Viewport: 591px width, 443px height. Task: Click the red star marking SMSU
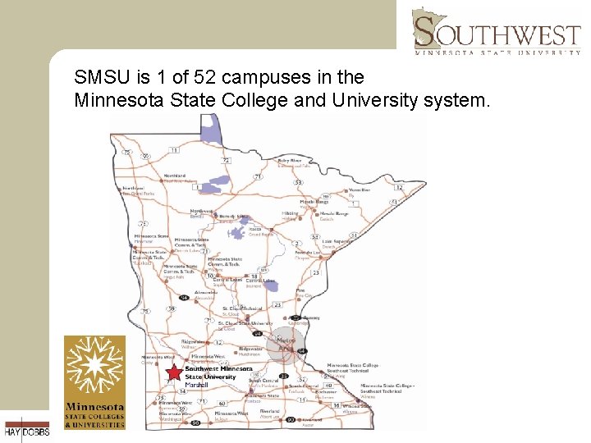pos(175,372)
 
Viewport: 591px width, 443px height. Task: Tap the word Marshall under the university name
pos(196,385)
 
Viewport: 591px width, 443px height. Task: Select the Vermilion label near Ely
pos(360,190)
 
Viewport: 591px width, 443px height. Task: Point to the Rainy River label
pos(290,161)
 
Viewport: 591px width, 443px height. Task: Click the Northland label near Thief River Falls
pos(174,176)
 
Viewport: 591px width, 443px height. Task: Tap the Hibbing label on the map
pos(290,213)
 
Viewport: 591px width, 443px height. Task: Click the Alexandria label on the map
pos(206,292)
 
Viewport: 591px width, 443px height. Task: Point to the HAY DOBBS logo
pos(26,429)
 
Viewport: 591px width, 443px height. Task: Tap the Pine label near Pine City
pos(300,291)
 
